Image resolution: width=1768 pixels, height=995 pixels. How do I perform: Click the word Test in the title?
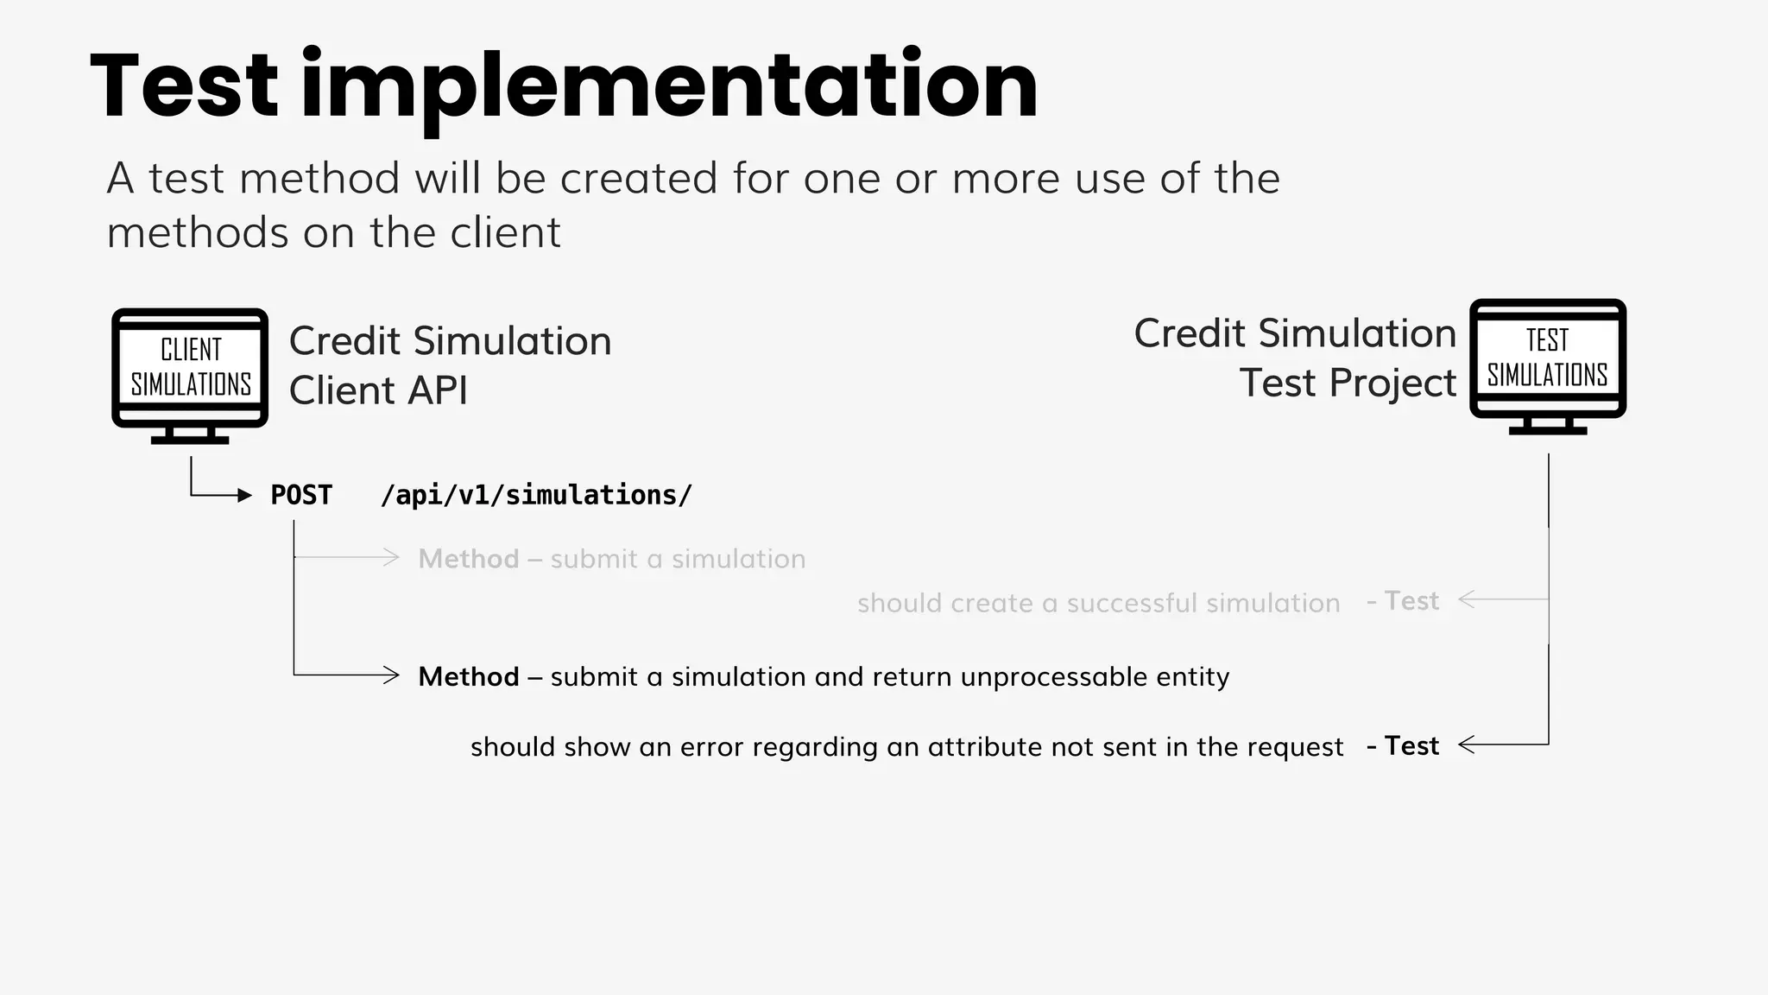pos(185,86)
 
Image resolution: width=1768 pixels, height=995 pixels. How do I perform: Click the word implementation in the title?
pos(669,86)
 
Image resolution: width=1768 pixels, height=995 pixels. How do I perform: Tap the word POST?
pos(301,495)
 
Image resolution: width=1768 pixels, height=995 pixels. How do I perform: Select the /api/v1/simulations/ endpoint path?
pos(536,495)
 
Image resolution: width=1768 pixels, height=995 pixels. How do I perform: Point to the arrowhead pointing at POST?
pos(245,496)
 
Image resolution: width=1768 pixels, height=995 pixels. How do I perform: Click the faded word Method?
pos(469,559)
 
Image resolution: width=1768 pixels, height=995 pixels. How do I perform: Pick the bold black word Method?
pos(469,676)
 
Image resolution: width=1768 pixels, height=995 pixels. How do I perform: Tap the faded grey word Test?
pos(1411,600)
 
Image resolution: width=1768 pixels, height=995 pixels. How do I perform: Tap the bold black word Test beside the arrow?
pos(1411,745)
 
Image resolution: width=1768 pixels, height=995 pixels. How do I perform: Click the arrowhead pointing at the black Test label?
pos(1465,745)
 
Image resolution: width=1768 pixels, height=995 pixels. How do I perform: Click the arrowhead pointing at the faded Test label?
pos(1465,599)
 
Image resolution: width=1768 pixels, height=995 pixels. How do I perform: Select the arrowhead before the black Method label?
pos(392,675)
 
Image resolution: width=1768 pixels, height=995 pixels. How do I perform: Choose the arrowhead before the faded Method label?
pos(392,558)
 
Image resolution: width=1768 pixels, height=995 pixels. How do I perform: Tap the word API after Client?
pos(438,390)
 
